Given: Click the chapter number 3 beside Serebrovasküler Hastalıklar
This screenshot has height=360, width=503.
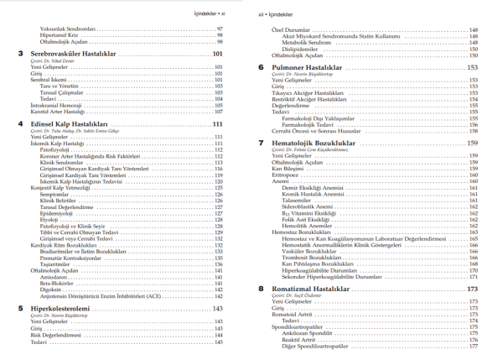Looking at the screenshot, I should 21,55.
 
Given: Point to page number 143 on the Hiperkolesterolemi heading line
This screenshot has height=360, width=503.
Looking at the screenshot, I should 217,308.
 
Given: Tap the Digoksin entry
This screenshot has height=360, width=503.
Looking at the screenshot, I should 52,290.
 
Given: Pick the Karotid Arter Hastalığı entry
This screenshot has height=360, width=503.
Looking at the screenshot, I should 58,111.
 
